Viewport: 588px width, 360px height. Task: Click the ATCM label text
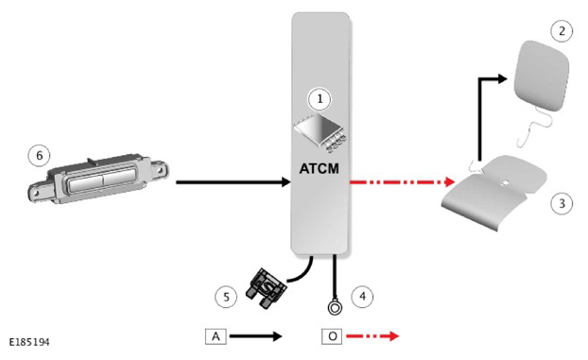coord(320,169)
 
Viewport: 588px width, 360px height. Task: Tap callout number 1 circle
coord(320,99)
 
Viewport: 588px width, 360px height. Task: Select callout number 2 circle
coord(562,31)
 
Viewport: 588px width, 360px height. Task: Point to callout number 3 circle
coord(562,203)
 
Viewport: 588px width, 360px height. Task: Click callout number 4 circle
coord(362,297)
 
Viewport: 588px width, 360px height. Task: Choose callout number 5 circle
coord(226,297)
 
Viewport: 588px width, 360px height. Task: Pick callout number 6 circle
coord(40,155)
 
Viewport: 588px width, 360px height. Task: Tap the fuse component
coord(266,288)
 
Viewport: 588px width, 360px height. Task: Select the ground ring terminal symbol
coord(335,308)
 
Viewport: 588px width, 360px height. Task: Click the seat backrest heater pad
coord(541,75)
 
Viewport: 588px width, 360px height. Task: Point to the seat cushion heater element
coord(494,192)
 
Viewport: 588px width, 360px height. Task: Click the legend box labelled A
coord(216,336)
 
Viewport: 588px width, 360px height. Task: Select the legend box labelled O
coord(332,336)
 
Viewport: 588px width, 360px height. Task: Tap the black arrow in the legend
coord(256,336)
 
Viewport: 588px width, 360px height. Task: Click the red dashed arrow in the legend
coord(372,336)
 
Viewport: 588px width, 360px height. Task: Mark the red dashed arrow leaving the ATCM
coord(403,182)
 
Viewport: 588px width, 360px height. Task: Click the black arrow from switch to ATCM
coord(233,182)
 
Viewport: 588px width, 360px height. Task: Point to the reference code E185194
coord(29,342)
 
